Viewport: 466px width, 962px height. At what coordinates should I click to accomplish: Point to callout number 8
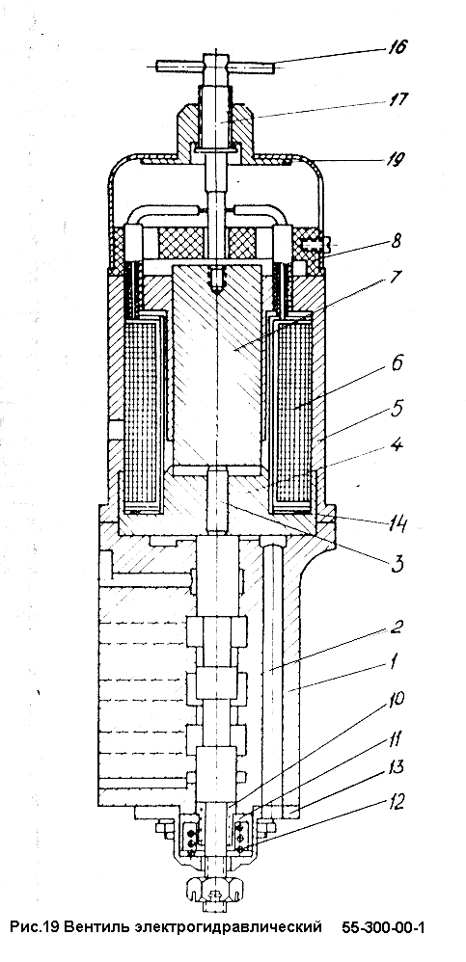[396, 240]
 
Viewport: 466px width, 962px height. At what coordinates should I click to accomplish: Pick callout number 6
[396, 363]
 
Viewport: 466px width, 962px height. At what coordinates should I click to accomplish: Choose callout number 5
[396, 409]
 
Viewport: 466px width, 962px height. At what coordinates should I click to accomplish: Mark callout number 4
[397, 444]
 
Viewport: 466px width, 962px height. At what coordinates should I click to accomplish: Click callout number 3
[397, 563]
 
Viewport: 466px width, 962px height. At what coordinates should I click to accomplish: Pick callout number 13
[397, 767]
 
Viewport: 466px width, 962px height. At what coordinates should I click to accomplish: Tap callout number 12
[397, 802]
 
